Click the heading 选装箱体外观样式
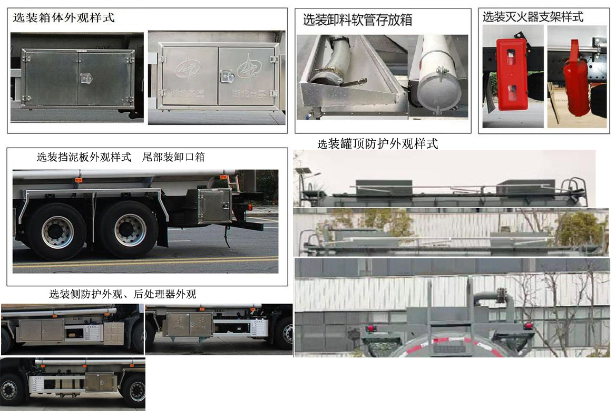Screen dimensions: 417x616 63,17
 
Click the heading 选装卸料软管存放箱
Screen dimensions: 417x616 357,21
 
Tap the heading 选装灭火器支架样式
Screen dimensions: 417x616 533,17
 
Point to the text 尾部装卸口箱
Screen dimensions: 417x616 173,157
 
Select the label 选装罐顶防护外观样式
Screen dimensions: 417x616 377,144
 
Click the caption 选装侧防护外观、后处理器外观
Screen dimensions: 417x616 122,294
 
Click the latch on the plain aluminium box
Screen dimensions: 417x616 85,79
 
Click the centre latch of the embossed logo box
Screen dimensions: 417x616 227,77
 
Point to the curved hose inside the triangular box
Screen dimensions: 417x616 334,61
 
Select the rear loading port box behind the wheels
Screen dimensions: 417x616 214,206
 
